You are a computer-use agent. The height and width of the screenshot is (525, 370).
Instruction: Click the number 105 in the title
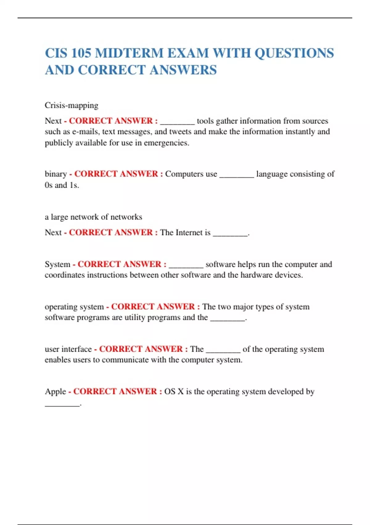(x=81, y=53)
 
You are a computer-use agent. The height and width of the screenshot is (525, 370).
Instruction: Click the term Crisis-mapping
(x=72, y=105)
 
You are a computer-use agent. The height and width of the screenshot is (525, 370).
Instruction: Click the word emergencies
(x=166, y=143)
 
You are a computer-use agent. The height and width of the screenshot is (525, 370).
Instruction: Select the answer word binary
(x=56, y=174)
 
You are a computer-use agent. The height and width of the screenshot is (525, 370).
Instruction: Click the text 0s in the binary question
(x=48, y=185)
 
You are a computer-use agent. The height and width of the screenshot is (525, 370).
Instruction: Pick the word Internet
(x=190, y=233)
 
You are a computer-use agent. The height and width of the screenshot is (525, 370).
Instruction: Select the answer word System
(x=58, y=264)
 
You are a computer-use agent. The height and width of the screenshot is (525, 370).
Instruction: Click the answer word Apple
(x=55, y=392)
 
